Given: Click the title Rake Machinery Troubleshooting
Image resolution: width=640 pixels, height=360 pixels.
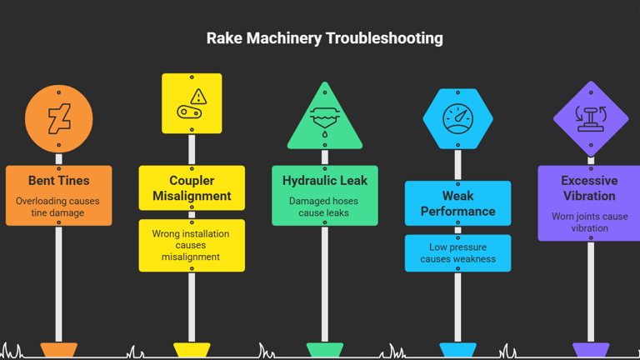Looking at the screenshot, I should point(324,38).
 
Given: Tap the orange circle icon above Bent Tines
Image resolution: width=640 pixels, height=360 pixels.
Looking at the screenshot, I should point(58,119).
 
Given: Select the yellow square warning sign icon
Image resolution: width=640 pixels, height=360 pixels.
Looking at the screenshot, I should point(192,103).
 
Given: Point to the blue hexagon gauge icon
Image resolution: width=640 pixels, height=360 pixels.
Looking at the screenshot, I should point(457,118).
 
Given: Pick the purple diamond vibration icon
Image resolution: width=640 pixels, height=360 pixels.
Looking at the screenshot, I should point(591,118).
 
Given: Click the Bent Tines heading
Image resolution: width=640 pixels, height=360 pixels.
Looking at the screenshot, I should point(58,180).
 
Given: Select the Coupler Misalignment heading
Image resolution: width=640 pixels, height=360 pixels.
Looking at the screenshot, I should point(192,187).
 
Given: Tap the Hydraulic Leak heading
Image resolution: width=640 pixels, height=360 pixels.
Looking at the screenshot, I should point(325,180).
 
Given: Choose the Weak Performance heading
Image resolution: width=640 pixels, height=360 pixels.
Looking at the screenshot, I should point(457,203).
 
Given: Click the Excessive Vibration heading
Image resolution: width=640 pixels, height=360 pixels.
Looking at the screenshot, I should point(589,187).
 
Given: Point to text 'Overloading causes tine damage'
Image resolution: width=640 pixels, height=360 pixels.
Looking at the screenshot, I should point(58,207).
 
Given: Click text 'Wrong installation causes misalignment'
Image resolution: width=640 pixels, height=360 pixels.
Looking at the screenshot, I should point(192,245).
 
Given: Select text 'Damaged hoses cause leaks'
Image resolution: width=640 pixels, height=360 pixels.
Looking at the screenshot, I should point(325,207).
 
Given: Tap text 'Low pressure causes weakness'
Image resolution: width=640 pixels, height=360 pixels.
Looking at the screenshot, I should point(457,252).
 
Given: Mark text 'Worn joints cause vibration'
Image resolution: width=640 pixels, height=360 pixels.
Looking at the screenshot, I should point(589,222).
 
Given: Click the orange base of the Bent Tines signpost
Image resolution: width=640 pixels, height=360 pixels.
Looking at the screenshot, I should point(58,350).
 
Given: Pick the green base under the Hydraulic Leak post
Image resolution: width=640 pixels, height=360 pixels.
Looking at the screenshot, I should point(325,350).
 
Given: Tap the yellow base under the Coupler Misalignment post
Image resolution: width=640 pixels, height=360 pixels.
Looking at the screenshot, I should point(192,350).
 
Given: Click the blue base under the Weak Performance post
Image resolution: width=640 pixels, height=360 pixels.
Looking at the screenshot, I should point(457,350).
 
